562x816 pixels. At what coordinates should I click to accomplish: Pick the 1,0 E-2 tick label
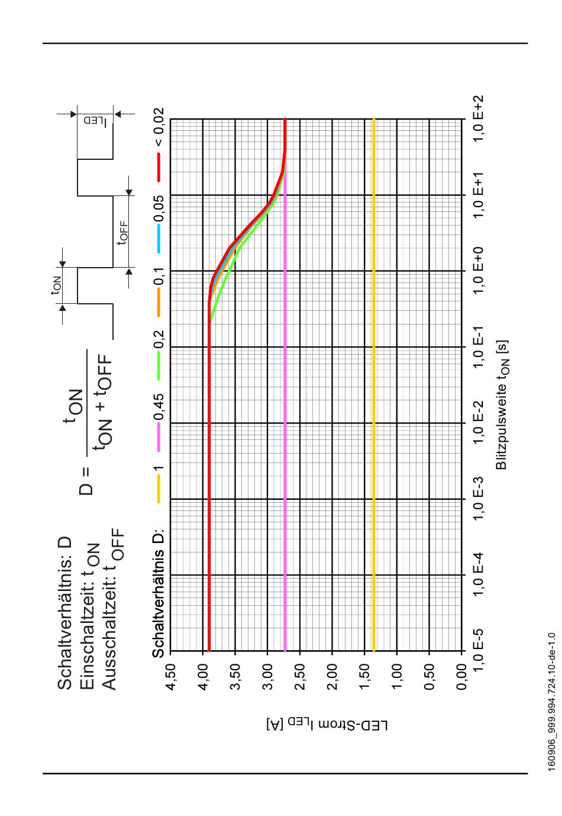click(x=477, y=423)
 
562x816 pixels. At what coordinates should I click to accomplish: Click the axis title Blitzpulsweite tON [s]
click(x=502, y=405)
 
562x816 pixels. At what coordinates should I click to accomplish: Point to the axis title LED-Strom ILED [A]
click(x=327, y=725)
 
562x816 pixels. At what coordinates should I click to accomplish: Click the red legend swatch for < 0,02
click(x=159, y=167)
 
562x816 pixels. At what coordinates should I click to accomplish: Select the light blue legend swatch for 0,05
click(x=159, y=239)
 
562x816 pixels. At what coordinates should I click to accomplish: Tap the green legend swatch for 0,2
click(x=159, y=367)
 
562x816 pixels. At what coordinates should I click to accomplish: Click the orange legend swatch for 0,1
click(x=159, y=303)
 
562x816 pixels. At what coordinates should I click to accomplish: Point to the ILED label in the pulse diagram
click(x=96, y=121)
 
